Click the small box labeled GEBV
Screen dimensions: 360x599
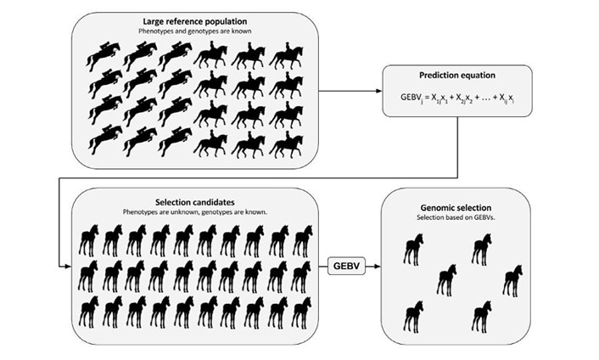tap(344, 267)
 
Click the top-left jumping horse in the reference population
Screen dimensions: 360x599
tap(104, 55)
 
